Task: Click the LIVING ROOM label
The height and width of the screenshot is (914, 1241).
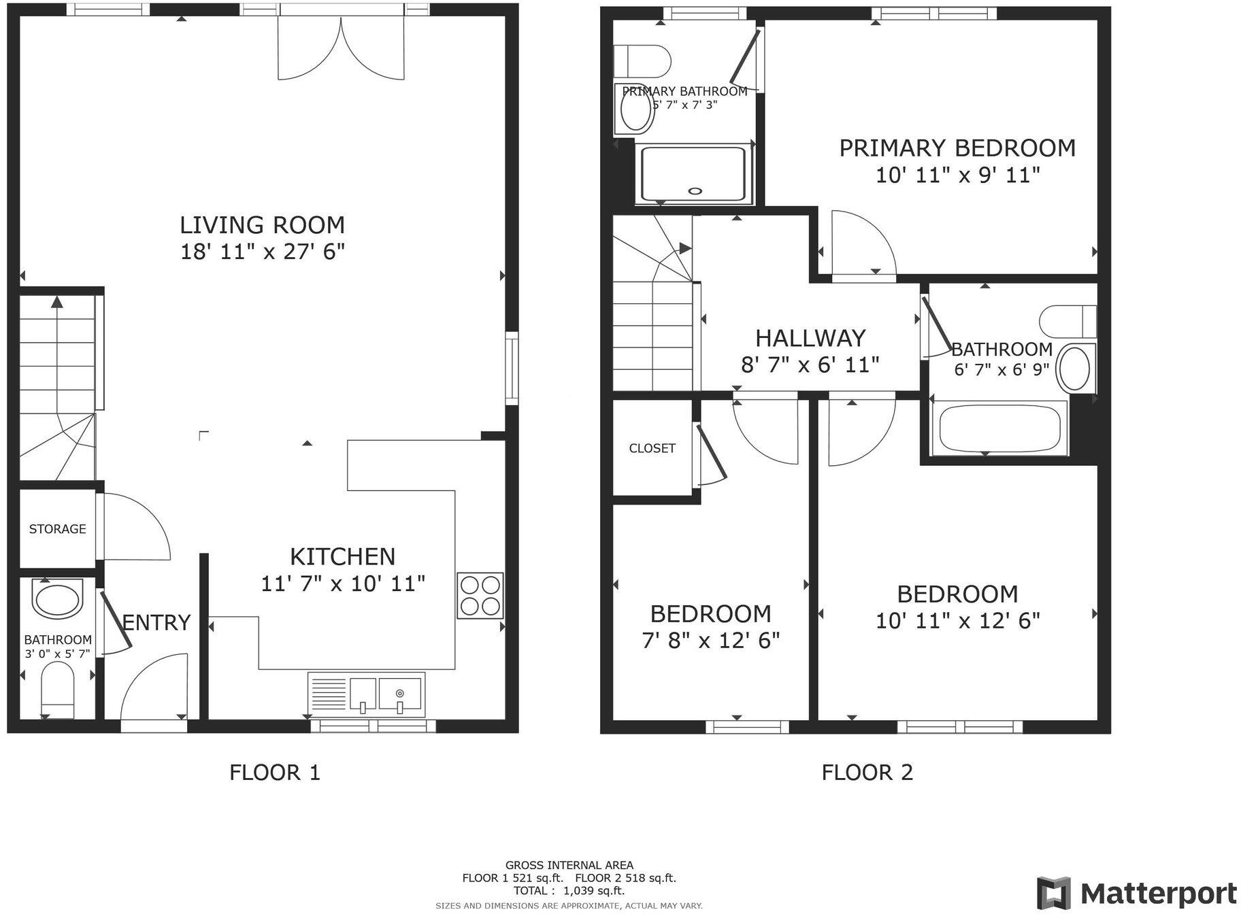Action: (x=262, y=225)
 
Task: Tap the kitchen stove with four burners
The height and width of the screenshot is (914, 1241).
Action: (x=480, y=595)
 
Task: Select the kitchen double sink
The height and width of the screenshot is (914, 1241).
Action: (x=366, y=694)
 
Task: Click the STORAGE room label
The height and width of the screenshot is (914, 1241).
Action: (x=57, y=529)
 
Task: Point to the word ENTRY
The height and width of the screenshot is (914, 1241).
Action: (x=156, y=622)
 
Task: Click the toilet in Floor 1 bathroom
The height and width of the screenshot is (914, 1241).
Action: (x=58, y=690)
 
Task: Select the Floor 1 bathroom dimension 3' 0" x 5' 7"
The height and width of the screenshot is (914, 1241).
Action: (x=57, y=654)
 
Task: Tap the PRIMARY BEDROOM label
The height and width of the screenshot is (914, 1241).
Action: (x=957, y=148)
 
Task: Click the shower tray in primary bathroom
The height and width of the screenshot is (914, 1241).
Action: (x=694, y=173)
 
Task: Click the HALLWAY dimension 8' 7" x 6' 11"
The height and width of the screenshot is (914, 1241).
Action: (x=810, y=366)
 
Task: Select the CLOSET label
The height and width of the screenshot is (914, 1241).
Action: (x=652, y=448)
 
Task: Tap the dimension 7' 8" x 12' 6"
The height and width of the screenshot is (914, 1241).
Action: (x=710, y=641)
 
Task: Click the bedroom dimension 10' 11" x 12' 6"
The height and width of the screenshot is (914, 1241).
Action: (x=957, y=621)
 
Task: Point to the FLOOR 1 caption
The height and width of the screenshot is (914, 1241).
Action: (x=274, y=773)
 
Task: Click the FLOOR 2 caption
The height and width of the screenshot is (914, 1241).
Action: (x=867, y=773)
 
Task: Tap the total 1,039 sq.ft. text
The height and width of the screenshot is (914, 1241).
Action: (x=569, y=891)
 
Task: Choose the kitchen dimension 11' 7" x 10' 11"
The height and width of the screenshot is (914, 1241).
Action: (x=343, y=583)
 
